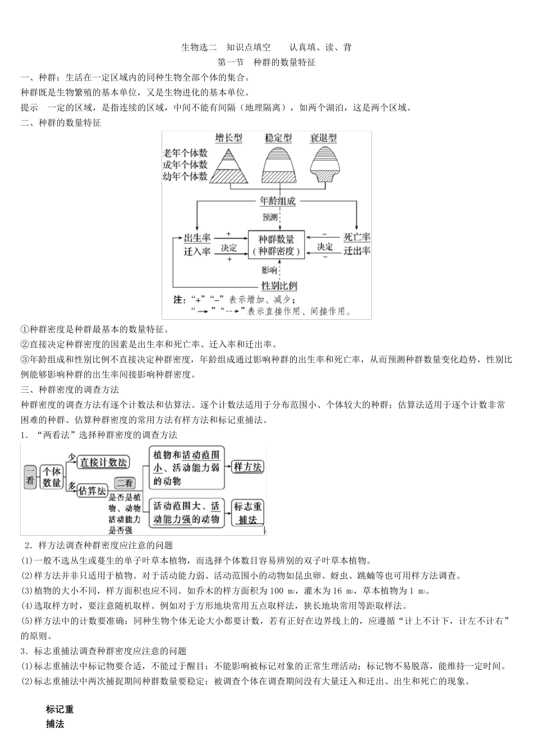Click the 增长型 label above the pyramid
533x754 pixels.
click(x=229, y=138)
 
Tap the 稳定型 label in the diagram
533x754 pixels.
click(x=278, y=138)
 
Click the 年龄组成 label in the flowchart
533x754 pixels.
click(x=278, y=201)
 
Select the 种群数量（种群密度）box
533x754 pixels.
click(x=277, y=245)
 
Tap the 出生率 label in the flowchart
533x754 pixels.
click(x=197, y=238)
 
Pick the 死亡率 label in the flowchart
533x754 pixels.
click(x=357, y=237)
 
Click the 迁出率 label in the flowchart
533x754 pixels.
click(x=357, y=251)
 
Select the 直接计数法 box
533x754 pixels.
click(x=104, y=462)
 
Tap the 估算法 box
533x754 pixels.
click(x=93, y=490)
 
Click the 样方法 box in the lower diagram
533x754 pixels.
click(x=247, y=466)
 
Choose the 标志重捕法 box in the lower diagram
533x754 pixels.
click(x=247, y=513)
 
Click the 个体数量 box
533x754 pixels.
click(x=52, y=477)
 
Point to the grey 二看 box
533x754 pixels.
click(x=125, y=483)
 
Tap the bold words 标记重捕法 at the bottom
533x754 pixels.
click(x=59, y=716)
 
